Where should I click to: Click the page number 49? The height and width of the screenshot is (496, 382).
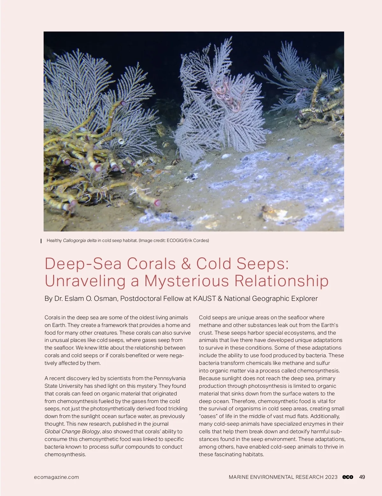click(x=362, y=477)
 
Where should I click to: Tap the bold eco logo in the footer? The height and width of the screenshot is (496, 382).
click(x=348, y=477)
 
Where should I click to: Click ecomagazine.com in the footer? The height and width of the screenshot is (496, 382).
click(x=56, y=477)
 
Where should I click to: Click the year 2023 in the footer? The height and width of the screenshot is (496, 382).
click(x=331, y=477)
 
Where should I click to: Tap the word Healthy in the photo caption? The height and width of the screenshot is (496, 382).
click(x=54, y=240)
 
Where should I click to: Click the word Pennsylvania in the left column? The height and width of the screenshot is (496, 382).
click(x=170, y=378)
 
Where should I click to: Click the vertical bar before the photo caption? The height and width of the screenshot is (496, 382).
click(x=41, y=241)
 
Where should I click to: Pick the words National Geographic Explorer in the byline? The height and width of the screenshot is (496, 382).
click(x=271, y=299)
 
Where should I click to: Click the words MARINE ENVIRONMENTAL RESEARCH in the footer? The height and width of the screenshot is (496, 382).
click(x=276, y=477)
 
